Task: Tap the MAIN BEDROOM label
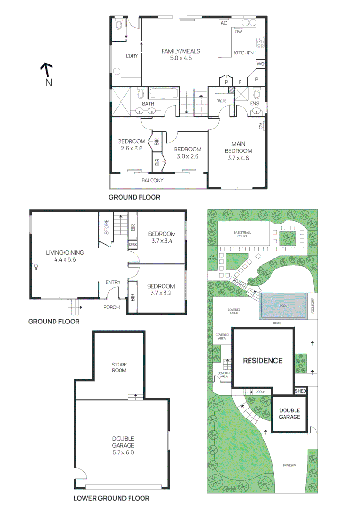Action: (x=241, y=150)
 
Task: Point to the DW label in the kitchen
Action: (x=238, y=32)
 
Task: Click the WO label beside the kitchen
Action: (x=261, y=64)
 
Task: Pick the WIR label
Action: (x=221, y=101)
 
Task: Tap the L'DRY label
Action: (x=131, y=56)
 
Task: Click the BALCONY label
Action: (x=153, y=180)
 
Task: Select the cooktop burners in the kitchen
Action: (x=261, y=43)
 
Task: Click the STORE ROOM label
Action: (x=119, y=367)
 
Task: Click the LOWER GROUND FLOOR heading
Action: (x=111, y=498)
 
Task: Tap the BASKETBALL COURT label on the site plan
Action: (x=242, y=235)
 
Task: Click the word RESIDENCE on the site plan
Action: (x=262, y=361)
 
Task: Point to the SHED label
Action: (x=300, y=391)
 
